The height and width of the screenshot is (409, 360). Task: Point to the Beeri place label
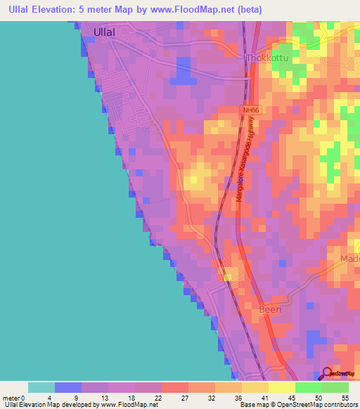[270, 309]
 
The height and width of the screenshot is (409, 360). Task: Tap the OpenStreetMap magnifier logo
[328, 374]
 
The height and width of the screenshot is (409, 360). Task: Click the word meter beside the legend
[12, 398]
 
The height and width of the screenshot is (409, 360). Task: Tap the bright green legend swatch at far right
[335, 387]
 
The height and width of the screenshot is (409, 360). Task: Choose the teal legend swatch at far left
[41, 387]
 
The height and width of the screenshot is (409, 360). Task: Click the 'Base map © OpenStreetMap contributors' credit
[297, 405]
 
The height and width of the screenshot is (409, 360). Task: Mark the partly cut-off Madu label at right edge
[349, 259]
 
